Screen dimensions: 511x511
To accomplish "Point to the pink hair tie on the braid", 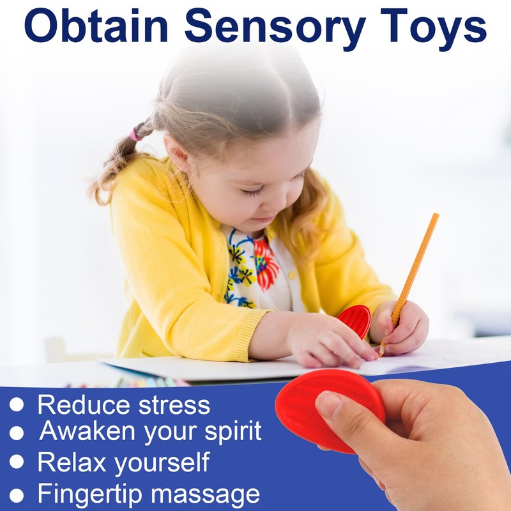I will [136, 133].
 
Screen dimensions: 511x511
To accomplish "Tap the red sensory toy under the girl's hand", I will [355, 319].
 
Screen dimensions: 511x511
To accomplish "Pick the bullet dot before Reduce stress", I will [17, 405].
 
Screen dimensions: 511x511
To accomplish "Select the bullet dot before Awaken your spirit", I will [17, 433].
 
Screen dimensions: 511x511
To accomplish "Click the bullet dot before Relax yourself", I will [17, 462].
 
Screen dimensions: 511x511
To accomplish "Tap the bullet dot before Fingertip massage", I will [17, 494].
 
